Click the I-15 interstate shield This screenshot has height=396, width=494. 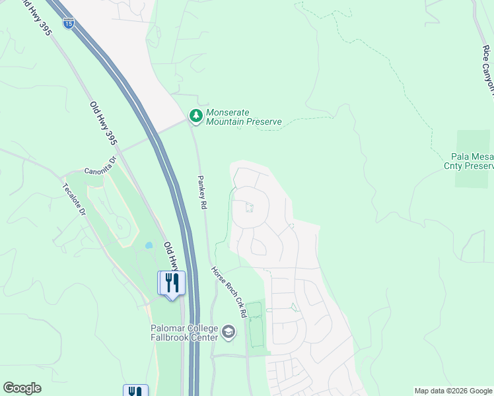point(69,23)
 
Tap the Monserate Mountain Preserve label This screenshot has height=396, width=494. point(244,117)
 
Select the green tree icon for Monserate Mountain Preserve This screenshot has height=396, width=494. point(196,116)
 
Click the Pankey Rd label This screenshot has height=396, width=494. point(203,193)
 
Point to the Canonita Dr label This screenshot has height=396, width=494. point(100,166)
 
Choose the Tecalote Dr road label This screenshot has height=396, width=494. point(74,199)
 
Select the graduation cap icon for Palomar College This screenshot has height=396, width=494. point(229,331)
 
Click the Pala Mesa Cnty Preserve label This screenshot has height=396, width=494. point(472,161)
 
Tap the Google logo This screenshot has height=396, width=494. point(22,388)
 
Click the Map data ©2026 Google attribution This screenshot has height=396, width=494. point(454,391)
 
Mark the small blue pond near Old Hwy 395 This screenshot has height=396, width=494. point(149,246)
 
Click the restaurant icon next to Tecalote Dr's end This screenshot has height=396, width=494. point(172,283)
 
